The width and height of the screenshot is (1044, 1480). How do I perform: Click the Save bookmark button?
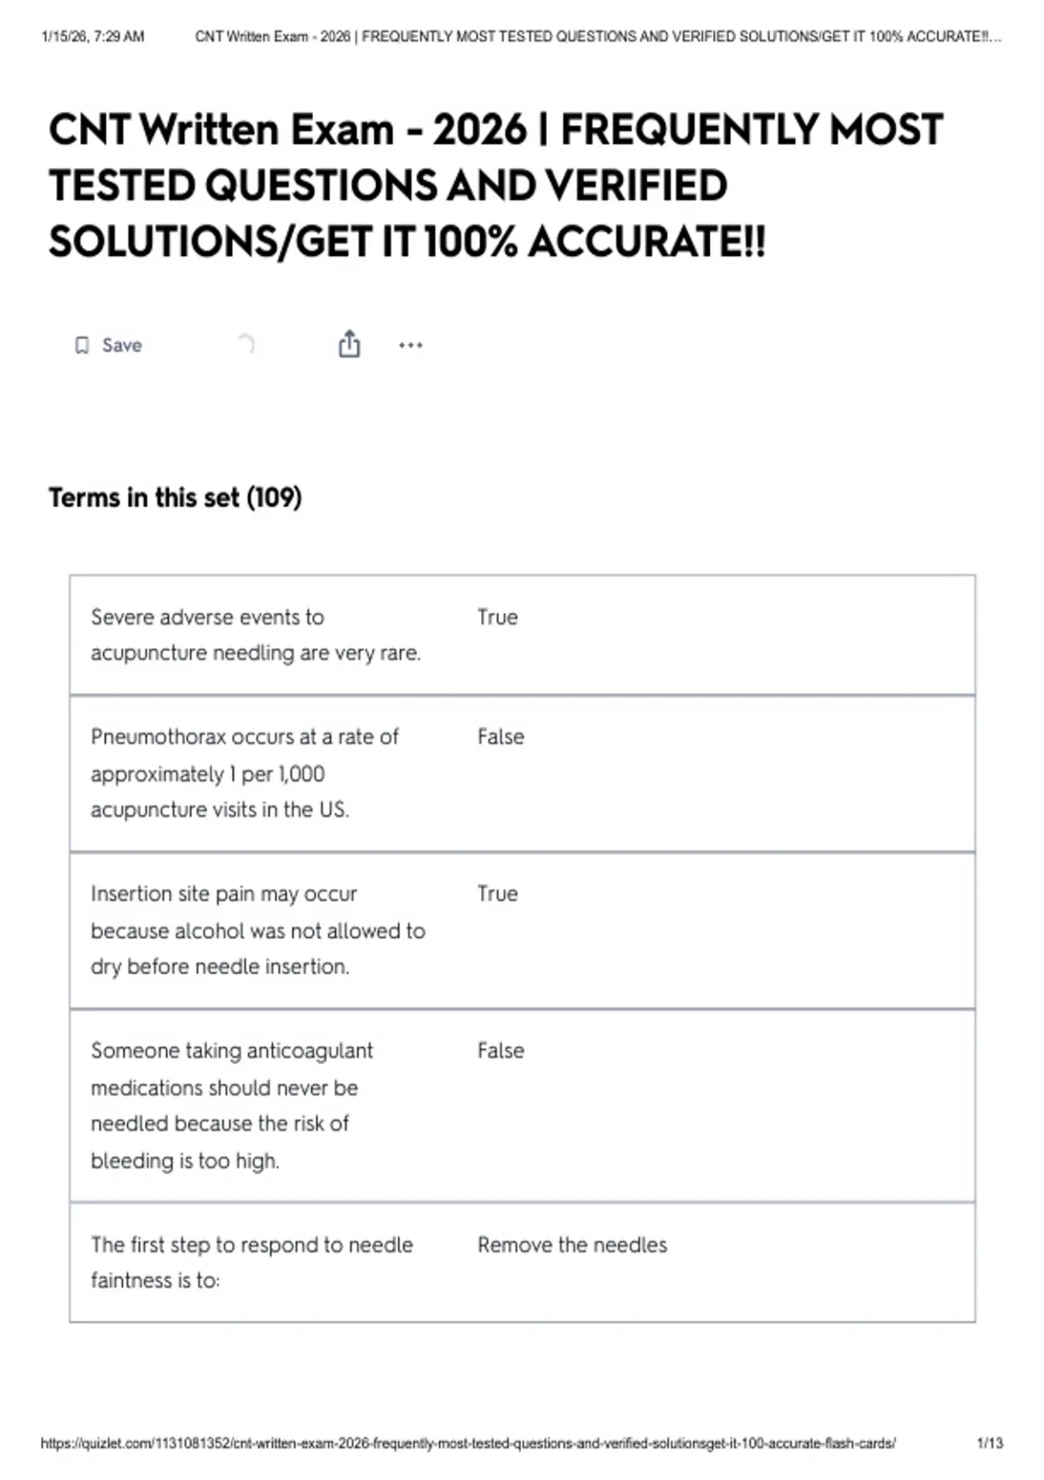click(108, 346)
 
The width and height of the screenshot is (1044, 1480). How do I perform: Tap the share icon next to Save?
click(349, 345)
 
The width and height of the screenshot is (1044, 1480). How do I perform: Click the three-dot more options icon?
click(411, 346)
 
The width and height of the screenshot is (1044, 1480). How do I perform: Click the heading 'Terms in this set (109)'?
click(175, 498)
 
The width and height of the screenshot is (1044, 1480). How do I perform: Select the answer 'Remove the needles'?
click(572, 1245)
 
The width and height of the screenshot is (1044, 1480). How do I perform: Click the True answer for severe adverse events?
click(497, 617)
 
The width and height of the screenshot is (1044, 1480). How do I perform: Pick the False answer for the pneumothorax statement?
click(500, 737)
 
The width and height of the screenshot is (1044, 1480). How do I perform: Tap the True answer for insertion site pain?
click(497, 894)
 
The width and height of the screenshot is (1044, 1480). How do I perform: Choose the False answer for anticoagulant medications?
click(500, 1051)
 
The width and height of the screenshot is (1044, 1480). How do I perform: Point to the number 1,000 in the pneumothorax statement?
click(301, 774)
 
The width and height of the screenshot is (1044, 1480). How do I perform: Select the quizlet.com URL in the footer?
click(468, 1443)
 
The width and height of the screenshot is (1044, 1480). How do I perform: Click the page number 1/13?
click(990, 1443)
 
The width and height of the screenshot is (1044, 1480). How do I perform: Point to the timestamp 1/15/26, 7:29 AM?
click(93, 37)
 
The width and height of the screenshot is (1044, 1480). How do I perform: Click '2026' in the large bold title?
click(479, 131)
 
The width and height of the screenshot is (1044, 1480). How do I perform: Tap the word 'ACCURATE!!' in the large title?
click(646, 242)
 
